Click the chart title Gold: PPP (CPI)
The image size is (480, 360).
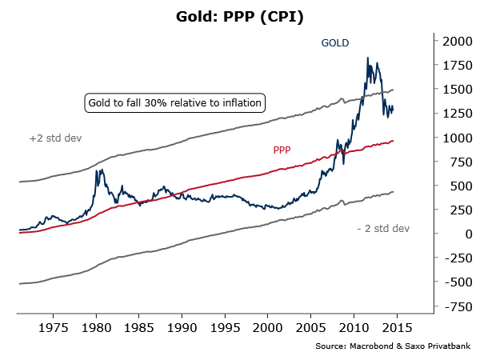239,16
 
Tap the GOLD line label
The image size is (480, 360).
336,43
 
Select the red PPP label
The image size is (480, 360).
282,149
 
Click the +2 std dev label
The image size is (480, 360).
55,138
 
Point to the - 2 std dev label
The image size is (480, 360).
383,229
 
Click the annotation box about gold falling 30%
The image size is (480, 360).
175,103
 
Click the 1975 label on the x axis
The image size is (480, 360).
53,327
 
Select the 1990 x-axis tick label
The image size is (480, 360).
182,327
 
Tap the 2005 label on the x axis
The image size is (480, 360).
310,327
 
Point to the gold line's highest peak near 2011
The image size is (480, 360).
366,58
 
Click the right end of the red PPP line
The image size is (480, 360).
393,141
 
